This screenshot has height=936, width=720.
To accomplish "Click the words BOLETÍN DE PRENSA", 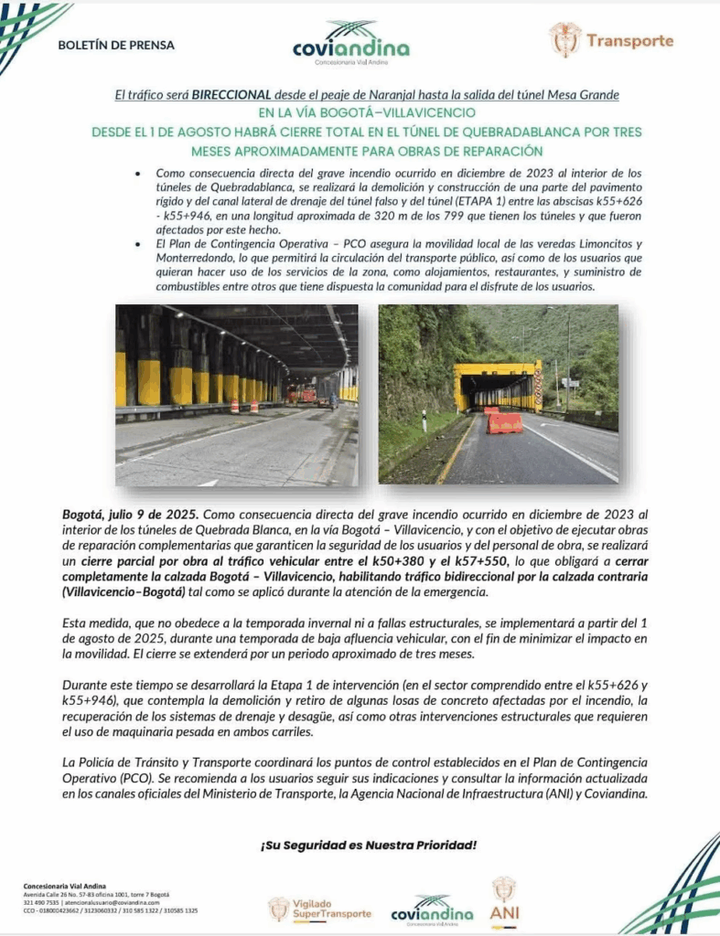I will [x=115, y=45].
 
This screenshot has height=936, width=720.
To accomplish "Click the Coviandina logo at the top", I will [x=351, y=43].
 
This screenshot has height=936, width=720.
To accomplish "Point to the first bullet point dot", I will [x=136, y=173].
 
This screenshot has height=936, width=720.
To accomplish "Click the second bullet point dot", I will [x=136, y=247].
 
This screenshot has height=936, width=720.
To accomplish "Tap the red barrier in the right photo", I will [x=504, y=421].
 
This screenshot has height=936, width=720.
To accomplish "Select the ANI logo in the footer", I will [x=504, y=899].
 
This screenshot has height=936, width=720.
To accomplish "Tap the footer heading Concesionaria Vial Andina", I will [x=65, y=886].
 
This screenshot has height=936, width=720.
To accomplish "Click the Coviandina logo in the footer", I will [x=432, y=909].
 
